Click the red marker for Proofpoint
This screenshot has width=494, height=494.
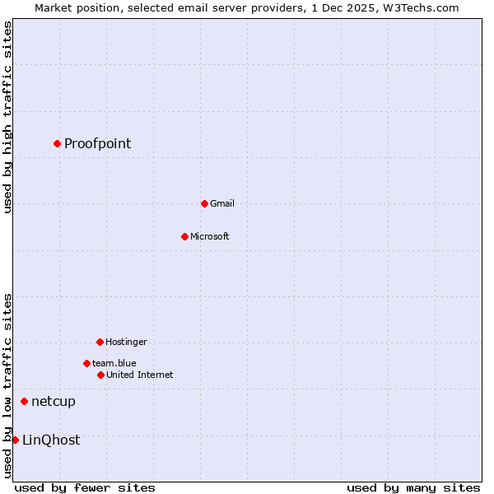[x=57, y=143]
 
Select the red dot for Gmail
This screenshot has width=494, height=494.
[x=204, y=203]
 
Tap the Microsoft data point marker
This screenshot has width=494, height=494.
[x=184, y=236]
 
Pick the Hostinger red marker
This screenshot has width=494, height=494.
[x=100, y=342]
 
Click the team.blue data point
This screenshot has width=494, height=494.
[x=86, y=363]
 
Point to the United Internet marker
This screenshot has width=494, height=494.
[x=100, y=375]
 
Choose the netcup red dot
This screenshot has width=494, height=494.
[x=24, y=401]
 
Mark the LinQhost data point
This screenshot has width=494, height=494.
[x=15, y=440]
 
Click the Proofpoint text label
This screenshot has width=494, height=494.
[x=97, y=144]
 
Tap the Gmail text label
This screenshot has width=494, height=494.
[x=221, y=204]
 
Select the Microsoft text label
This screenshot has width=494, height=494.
[x=209, y=237]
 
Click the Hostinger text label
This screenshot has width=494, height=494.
[x=126, y=343]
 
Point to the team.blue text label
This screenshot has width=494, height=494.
[x=114, y=364]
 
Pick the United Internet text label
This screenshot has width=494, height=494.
[x=139, y=375]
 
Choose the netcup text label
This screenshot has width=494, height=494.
[x=53, y=402]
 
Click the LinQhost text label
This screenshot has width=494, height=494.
[x=51, y=440]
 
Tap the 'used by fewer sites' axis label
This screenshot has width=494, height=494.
[x=85, y=487]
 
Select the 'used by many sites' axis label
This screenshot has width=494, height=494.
[x=412, y=487]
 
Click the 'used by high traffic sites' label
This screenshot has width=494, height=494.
[x=7, y=117]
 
